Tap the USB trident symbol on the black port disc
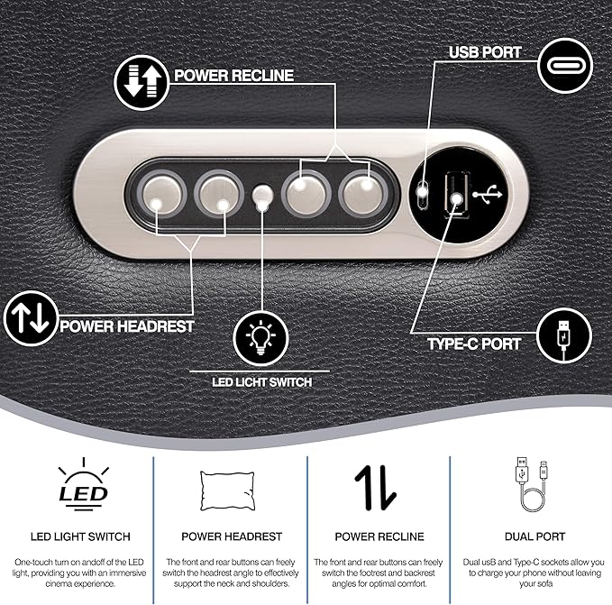click(x=487, y=194)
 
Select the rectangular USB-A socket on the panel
click(x=457, y=195)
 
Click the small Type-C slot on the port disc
click(x=422, y=194)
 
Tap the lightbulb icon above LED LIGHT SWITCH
click(x=260, y=338)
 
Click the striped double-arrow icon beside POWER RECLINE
click(x=142, y=82)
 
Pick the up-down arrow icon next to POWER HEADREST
click(x=31, y=318)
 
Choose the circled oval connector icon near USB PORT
click(x=565, y=66)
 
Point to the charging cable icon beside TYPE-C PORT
click(x=564, y=335)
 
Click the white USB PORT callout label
click(x=485, y=52)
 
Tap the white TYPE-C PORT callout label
click(x=474, y=344)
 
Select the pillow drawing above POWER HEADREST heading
click(x=227, y=490)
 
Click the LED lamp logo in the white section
click(x=83, y=484)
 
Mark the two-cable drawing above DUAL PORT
click(x=532, y=484)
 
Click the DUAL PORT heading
click(x=534, y=536)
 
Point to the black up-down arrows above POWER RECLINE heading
click(x=375, y=488)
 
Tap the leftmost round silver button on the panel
click(x=162, y=194)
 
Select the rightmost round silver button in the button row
click(x=363, y=194)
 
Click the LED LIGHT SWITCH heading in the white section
click(x=80, y=536)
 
